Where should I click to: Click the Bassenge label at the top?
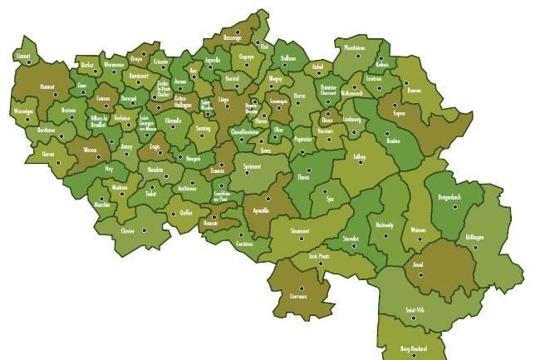(232, 37)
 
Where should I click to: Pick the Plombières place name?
(354, 48)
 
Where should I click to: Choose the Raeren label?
(415, 91)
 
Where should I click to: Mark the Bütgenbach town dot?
(454, 205)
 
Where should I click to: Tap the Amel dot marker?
(420, 274)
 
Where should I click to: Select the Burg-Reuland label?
(413, 348)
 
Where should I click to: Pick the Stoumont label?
(300, 230)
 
